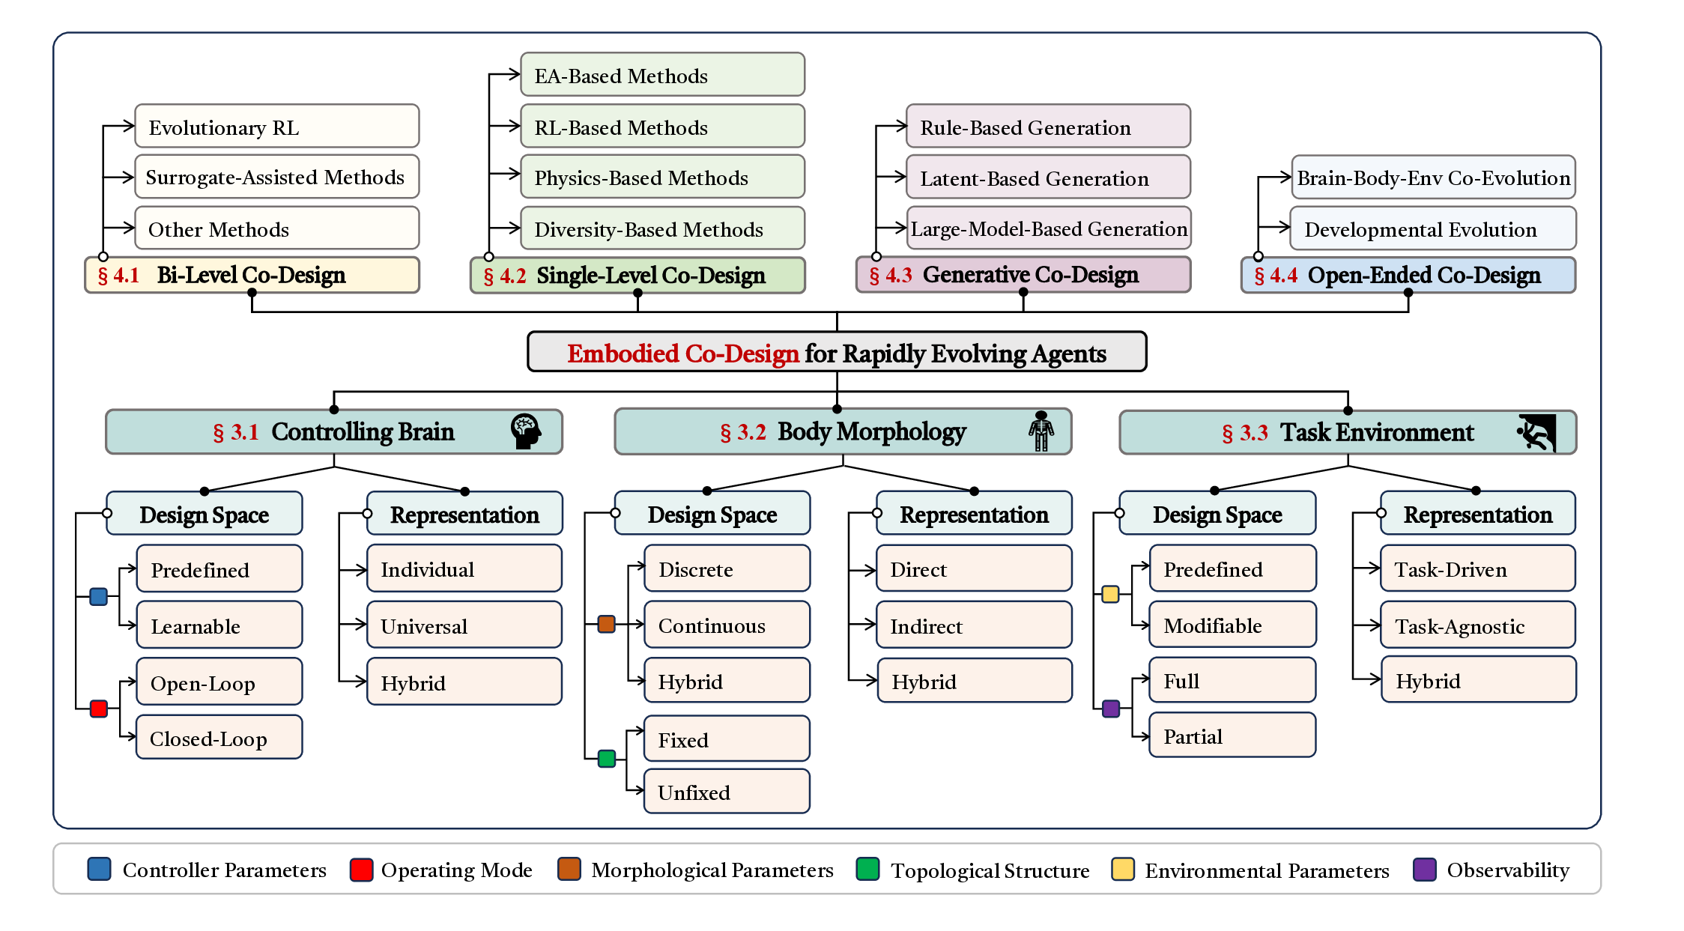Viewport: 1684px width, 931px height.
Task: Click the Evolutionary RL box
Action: pyautogui.click(x=276, y=127)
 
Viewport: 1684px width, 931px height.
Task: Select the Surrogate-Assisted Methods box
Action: pyautogui.click(x=276, y=178)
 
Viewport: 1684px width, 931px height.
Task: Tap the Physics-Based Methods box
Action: pyautogui.click(x=662, y=178)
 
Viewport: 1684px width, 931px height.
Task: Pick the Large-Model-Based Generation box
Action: pyautogui.click(x=1048, y=228)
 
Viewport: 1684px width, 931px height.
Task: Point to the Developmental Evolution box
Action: pyautogui.click(x=1432, y=229)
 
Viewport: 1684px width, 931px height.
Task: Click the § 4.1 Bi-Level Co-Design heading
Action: pyautogui.click(x=252, y=275)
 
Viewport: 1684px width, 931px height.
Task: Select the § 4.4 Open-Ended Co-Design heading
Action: pyautogui.click(x=1408, y=275)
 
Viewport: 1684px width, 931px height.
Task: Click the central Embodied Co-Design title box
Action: pyautogui.click(x=836, y=352)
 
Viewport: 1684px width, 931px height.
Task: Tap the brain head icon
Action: pyautogui.click(x=525, y=431)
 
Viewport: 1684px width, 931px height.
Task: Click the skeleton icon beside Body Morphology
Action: pyautogui.click(x=1041, y=431)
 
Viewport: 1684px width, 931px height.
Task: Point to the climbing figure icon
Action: pyautogui.click(x=1537, y=432)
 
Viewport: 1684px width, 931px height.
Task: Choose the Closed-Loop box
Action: pyautogui.click(x=219, y=739)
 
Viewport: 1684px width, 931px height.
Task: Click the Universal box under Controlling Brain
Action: pyautogui.click(x=464, y=625)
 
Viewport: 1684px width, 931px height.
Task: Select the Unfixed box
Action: pyautogui.click(x=726, y=792)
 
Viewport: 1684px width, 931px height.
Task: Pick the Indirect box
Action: pyautogui.click(x=974, y=625)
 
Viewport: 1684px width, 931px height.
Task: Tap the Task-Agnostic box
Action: pyautogui.click(x=1477, y=625)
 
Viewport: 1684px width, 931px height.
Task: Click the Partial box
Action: pyautogui.click(x=1232, y=736)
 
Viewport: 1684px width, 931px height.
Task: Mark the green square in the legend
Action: pyautogui.click(x=867, y=870)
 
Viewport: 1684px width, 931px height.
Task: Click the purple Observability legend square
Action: pyautogui.click(x=1423, y=870)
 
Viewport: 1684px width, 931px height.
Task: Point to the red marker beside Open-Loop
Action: pyautogui.click(x=99, y=709)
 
